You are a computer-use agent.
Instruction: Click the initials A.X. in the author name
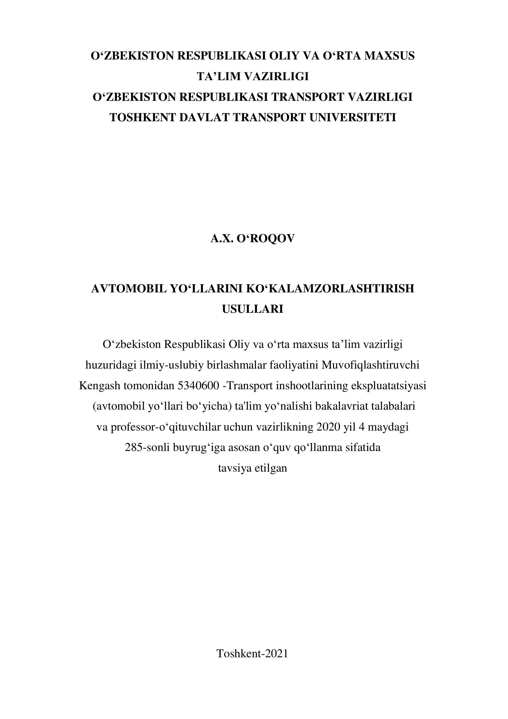tap(222, 239)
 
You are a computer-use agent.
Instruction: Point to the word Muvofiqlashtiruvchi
tap(368, 365)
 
